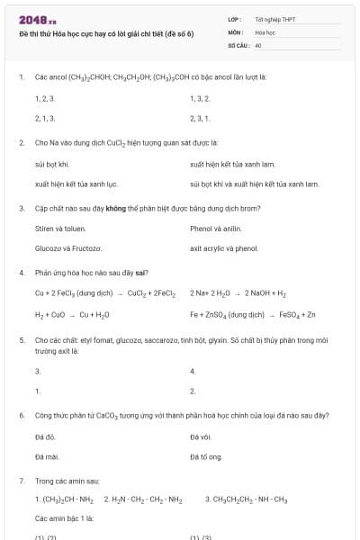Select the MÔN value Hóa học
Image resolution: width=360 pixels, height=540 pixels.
pyautogui.click(x=265, y=31)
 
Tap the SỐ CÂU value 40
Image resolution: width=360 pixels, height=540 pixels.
pyautogui.click(x=257, y=44)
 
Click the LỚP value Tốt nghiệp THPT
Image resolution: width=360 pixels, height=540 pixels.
pyautogui.click(x=275, y=18)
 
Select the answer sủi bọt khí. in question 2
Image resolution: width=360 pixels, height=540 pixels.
pyautogui.click(x=52, y=164)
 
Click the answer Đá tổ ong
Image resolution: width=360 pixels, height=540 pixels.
pyautogui.click(x=205, y=457)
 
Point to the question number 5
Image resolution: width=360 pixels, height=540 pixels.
pyautogui.click(x=21, y=340)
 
